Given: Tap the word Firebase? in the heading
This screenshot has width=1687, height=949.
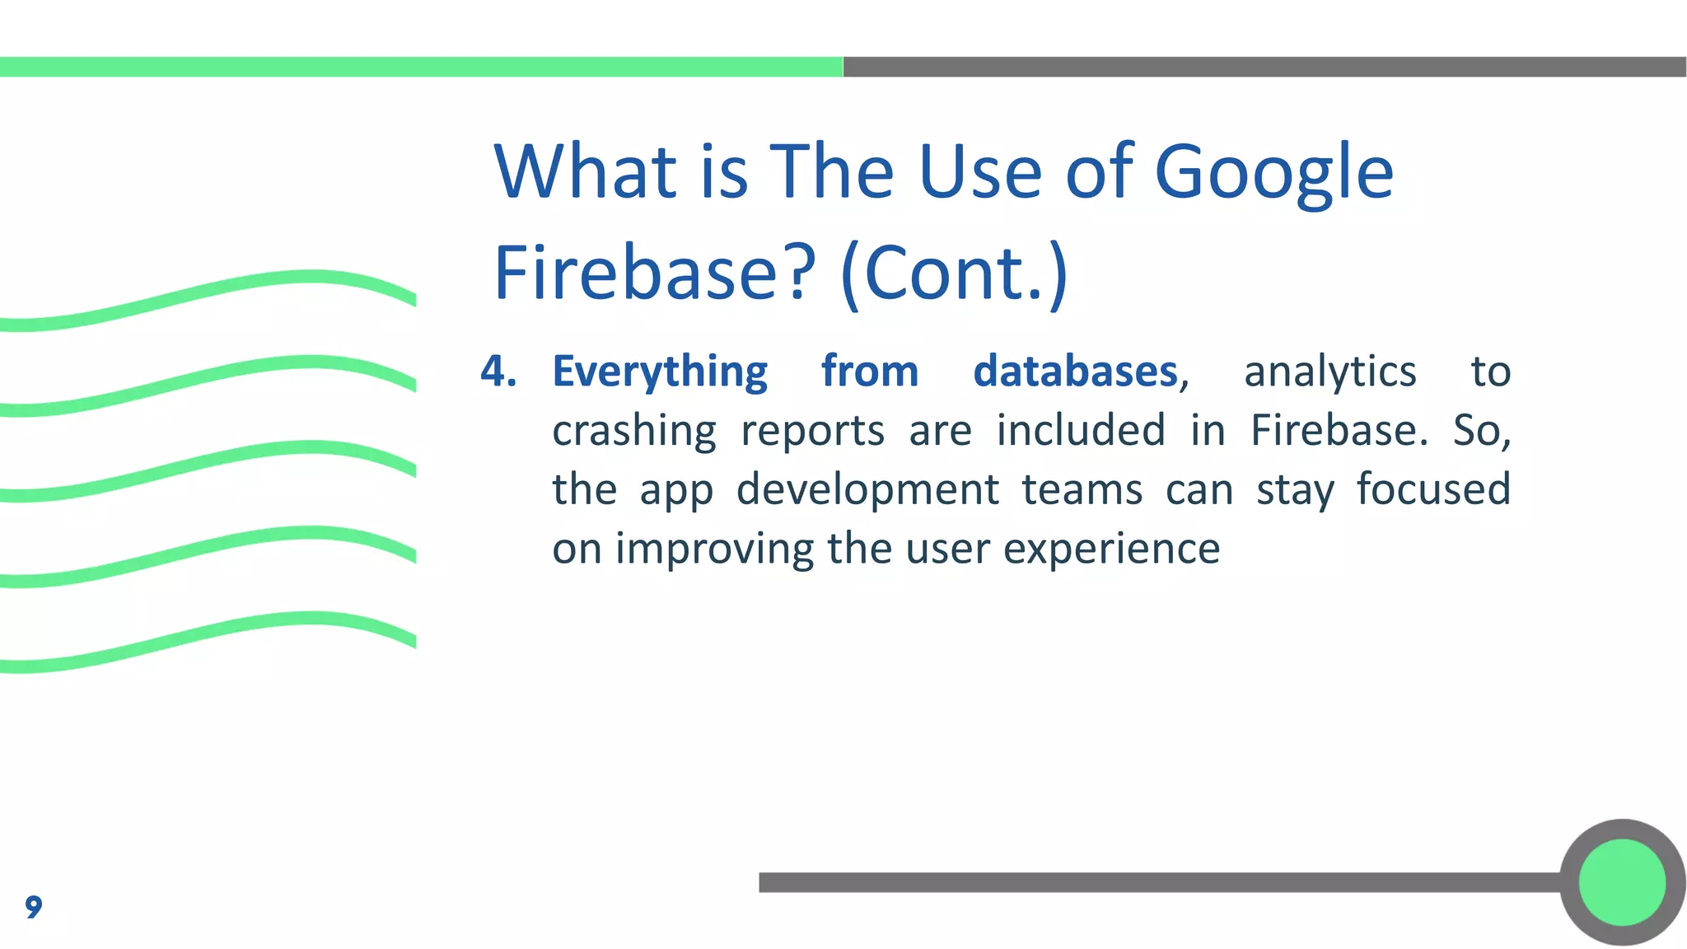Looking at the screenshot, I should [x=655, y=273].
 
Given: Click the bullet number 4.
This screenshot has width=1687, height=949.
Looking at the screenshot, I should [x=498, y=371].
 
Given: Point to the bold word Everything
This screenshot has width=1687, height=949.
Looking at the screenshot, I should [x=660, y=372].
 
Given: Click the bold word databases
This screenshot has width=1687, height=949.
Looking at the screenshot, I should [x=1076, y=371].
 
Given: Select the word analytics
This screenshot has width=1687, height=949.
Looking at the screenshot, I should [x=1330, y=372].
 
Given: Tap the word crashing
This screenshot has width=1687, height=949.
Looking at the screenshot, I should [x=634, y=432].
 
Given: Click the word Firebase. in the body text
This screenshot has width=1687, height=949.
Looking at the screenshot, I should [x=1339, y=430].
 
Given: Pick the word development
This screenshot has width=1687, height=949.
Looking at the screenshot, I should [x=867, y=490].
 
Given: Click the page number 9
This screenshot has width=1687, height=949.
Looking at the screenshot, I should [x=33, y=906].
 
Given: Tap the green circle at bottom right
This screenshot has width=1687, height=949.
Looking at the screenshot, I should [x=1622, y=882].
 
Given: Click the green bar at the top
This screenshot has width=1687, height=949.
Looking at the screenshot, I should [x=420, y=67].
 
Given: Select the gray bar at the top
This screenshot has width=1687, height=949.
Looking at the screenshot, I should [x=1264, y=67].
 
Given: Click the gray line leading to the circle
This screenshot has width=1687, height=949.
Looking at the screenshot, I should [x=1153, y=882].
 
